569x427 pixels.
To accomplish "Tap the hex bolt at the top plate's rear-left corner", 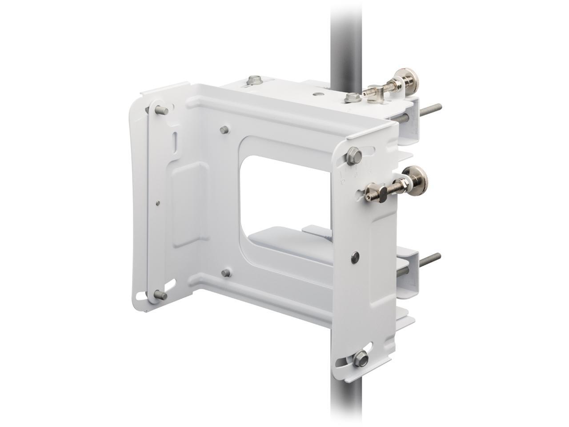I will point(255,80).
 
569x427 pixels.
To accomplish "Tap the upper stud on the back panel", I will point(225,129).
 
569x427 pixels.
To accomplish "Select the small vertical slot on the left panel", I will point(175,141).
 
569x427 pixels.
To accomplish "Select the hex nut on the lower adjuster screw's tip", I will point(370,193).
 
